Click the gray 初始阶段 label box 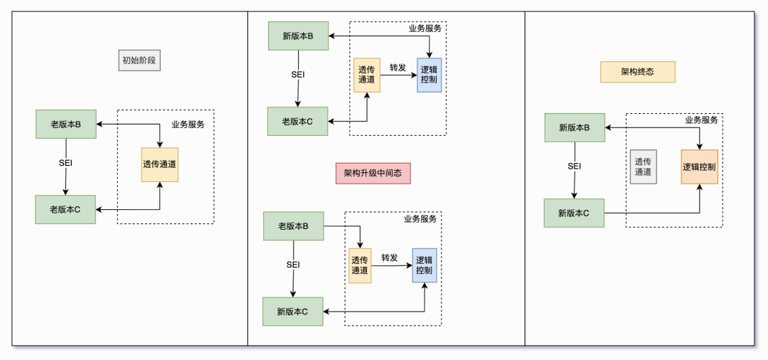point(139,60)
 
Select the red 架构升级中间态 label point(373,173)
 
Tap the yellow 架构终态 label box point(637,72)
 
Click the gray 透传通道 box point(643,166)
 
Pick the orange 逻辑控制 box point(699,167)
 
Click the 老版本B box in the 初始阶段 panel point(65,125)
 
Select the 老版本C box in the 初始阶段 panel point(65,209)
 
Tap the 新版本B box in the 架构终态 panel point(575,127)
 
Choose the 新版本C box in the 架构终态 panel point(574,213)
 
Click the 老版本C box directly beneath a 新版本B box point(297,122)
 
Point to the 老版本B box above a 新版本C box point(293,226)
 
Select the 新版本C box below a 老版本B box point(292,312)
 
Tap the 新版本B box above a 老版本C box point(298,36)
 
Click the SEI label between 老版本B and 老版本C point(65,163)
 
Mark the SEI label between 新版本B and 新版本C point(575,166)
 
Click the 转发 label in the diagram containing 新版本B point(398,68)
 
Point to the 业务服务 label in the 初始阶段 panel point(188,125)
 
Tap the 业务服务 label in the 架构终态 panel point(701,120)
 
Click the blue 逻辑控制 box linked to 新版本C point(425,265)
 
